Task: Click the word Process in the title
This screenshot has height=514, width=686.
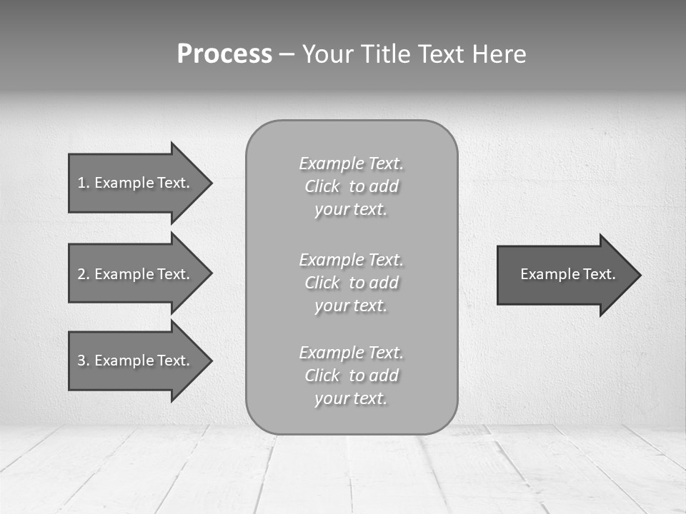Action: pos(224,54)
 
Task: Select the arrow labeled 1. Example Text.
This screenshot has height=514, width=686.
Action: pos(136,183)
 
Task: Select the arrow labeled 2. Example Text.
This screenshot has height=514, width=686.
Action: pos(136,274)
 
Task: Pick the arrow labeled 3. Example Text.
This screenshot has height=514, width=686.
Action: pos(136,361)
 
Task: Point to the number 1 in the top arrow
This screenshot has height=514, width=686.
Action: pos(81,183)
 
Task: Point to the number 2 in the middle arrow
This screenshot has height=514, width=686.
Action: pos(81,274)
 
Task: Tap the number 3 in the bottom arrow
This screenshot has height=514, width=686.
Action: pos(81,361)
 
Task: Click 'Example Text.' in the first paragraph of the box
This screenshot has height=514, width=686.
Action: pos(351,163)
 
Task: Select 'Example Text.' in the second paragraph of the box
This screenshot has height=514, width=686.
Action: pos(351,259)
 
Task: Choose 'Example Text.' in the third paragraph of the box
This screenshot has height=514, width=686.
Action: pos(351,353)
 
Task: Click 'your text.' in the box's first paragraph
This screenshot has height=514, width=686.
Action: pos(351,209)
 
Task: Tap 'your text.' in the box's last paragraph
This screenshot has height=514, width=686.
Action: pos(351,398)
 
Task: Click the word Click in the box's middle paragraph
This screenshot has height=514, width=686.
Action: pos(322,283)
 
